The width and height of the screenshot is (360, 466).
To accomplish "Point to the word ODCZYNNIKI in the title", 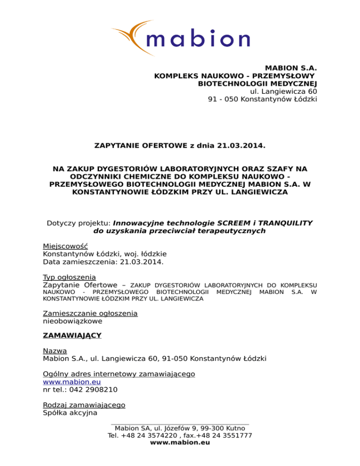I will click(x=75, y=176).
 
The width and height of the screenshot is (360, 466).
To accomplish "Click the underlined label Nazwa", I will click(x=55, y=351).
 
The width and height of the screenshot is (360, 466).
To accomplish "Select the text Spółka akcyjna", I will click(x=70, y=413).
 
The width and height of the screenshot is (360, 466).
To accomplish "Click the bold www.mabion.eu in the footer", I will click(x=180, y=443).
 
